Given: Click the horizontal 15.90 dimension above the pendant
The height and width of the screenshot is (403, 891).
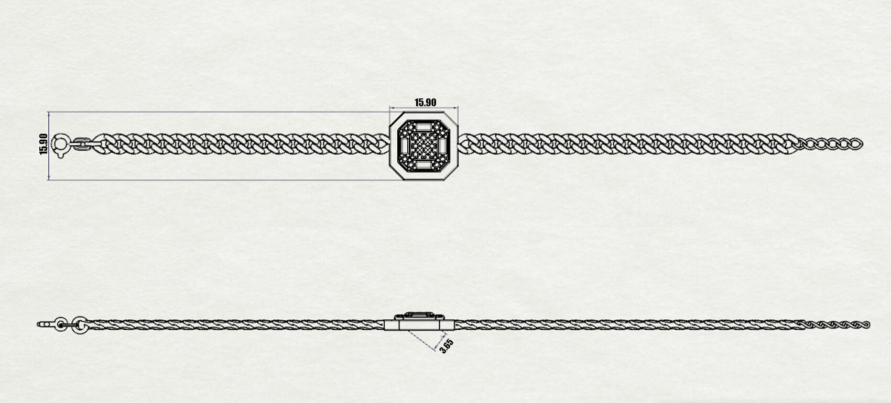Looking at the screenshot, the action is coord(425,103).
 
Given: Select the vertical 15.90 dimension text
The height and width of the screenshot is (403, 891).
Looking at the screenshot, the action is coord(44,144).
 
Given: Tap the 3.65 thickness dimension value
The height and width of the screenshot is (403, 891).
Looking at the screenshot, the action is coord(447,346).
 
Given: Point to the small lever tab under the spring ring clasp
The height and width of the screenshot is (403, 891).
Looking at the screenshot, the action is coord(60,154).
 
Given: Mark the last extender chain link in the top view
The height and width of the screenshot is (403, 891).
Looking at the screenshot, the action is coord(856,144).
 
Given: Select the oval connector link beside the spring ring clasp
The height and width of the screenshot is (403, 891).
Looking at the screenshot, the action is coord(82,143).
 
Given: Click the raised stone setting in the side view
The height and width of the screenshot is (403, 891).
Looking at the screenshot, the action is coord(419,316).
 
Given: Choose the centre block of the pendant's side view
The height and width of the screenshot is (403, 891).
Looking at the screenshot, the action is coord(419,325).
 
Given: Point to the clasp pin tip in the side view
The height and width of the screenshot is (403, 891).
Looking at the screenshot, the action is coord(39,324).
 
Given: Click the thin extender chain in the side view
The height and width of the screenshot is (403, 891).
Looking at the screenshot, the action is coord(836,325).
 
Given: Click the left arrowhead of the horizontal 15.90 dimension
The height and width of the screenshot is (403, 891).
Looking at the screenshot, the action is coord(392,107).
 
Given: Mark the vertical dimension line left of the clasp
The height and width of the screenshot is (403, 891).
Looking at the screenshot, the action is coord(49,145).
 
